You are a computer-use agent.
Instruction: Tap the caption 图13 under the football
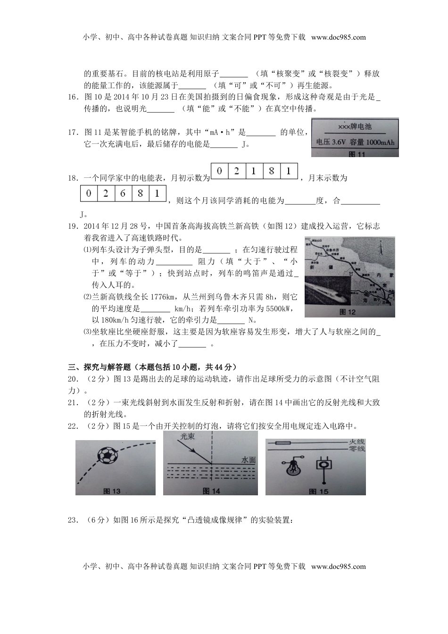coord(112,491)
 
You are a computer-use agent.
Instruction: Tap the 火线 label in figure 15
coord(357,442)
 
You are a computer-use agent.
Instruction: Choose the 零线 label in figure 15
coord(357,449)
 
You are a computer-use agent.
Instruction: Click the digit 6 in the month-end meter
coord(123,193)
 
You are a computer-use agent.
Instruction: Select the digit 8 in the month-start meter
coord(271,171)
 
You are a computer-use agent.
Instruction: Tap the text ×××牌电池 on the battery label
coord(355,126)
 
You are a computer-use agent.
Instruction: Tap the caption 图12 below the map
coord(348,312)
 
